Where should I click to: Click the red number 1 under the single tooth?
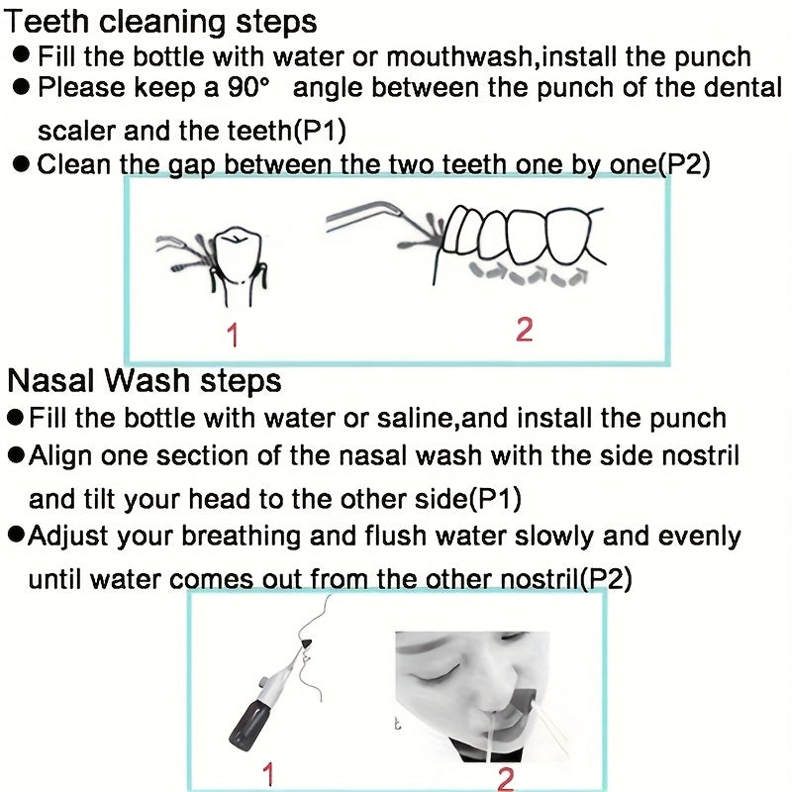pos(232,336)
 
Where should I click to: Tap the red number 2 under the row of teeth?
pos(524,330)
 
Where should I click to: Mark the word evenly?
pos(698,537)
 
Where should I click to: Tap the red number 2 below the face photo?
pos(505,779)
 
